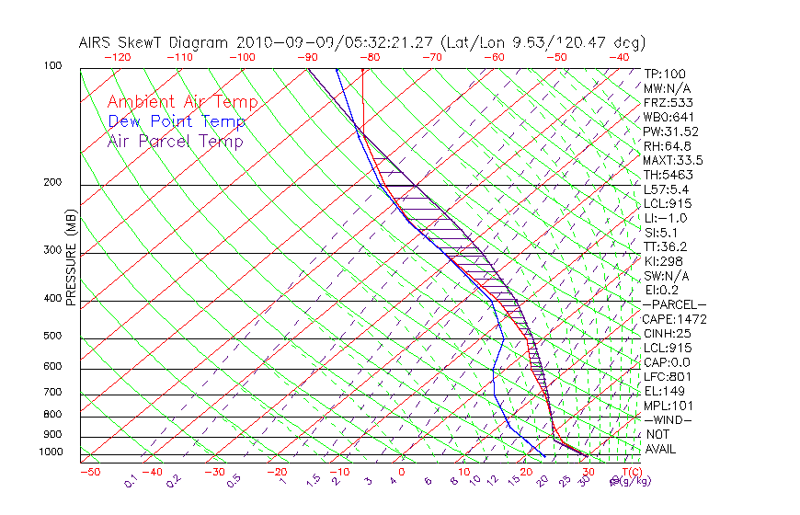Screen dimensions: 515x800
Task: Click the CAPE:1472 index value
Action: point(673,319)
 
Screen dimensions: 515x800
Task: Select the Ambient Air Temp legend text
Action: point(183,102)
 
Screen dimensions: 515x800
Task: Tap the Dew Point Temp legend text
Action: point(177,121)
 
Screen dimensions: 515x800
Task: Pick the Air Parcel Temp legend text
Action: point(176,141)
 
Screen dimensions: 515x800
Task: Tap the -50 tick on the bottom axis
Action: point(89,472)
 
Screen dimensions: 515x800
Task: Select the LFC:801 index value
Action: point(667,376)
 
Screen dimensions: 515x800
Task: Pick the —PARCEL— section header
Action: point(675,304)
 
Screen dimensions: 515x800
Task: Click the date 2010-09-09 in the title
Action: point(288,42)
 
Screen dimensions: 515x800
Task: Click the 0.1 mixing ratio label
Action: point(131,479)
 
